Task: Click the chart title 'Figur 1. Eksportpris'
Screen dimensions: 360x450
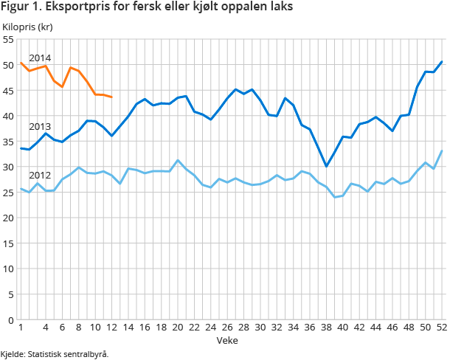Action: click(x=147, y=8)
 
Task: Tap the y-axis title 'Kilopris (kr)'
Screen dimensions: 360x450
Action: click(x=27, y=27)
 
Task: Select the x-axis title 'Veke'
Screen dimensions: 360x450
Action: click(x=226, y=340)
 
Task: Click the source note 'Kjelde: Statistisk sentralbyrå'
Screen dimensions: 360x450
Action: click(x=55, y=354)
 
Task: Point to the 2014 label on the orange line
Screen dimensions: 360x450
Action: click(x=40, y=58)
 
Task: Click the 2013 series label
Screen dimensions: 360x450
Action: click(x=40, y=126)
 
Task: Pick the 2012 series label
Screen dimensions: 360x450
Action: click(x=40, y=176)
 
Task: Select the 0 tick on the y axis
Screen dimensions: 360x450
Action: click(x=11, y=319)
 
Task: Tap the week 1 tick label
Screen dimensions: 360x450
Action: click(x=21, y=328)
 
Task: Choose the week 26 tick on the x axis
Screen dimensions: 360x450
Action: click(x=227, y=328)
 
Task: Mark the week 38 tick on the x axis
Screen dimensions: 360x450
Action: click(x=326, y=328)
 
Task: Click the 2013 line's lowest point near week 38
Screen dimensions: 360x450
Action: click(x=326, y=166)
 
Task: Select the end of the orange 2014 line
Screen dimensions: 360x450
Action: click(x=111, y=97)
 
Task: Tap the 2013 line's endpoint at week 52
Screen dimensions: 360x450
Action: click(x=442, y=61)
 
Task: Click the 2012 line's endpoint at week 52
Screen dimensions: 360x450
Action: click(x=442, y=150)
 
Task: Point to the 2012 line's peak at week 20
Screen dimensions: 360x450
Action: click(x=178, y=160)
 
